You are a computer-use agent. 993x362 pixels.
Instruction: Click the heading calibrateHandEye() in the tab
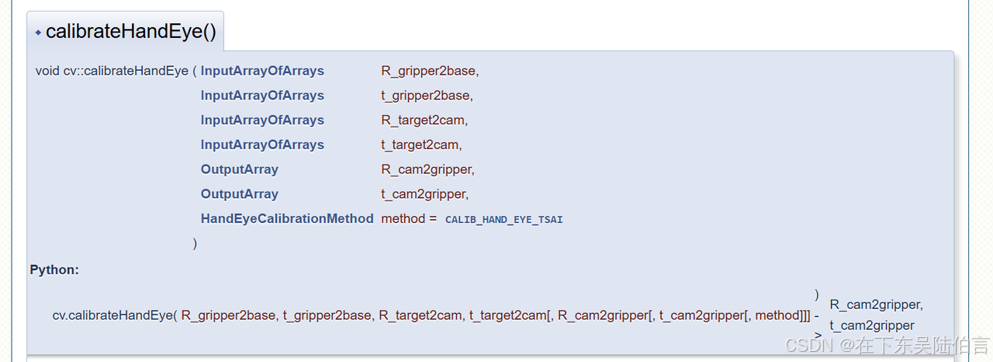tap(130, 32)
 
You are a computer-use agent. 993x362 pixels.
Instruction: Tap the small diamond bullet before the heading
tap(38, 33)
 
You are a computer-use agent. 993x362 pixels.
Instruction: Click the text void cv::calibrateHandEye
tap(112, 71)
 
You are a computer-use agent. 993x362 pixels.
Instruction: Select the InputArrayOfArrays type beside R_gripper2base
tap(262, 71)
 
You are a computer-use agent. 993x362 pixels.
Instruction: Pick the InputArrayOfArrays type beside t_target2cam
tap(262, 144)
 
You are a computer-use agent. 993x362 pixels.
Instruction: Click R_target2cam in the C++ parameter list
tap(423, 120)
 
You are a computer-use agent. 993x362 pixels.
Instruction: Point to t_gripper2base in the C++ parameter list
tap(425, 96)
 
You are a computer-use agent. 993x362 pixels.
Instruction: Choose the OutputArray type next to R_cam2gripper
tap(239, 169)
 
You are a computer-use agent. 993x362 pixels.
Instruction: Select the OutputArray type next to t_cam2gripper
tap(239, 194)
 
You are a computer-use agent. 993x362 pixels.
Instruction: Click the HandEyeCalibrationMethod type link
tap(287, 219)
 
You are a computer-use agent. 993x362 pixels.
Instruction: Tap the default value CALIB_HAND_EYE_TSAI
tap(503, 220)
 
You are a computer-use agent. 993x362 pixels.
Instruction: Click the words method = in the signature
tap(409, 219)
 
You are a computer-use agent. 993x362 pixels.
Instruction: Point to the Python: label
tap(54, 270)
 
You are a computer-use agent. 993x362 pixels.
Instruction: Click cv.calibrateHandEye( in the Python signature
tap(115, 315)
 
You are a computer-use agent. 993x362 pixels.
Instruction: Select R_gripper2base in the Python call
tap(228, 315)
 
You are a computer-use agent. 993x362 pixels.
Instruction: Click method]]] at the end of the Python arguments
tap(782, 315)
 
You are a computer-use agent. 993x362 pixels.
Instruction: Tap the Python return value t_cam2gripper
tap(872, 325)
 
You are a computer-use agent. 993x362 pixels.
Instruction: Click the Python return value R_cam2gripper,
tap(876, 305)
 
